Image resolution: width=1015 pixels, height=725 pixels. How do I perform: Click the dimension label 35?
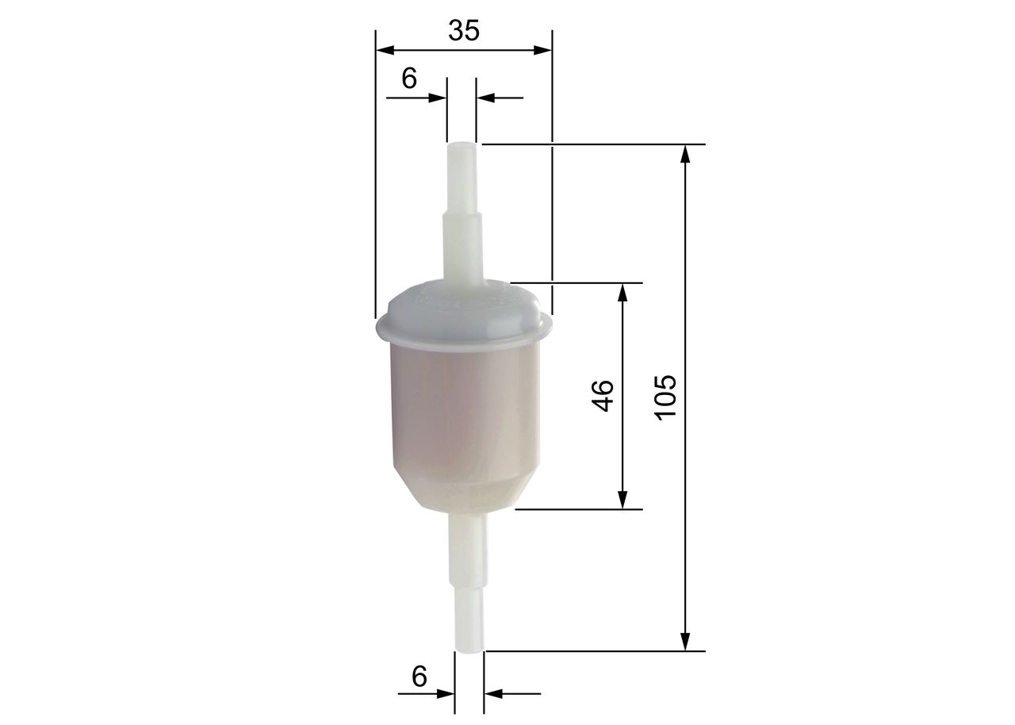pyautogui.click(x=464, y=30)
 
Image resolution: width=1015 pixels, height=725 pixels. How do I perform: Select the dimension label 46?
pyautogui.click(x=603, y=396)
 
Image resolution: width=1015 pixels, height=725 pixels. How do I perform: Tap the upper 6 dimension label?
pyautogui.click(x=409, y=78)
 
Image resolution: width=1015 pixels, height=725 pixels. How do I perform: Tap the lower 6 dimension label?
pyautogui.click(x=419, y=677)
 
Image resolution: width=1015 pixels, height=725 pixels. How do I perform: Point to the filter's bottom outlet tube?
pyautogui.click(x=469, y=579)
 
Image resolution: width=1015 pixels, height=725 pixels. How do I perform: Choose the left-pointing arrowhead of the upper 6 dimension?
pyautogui.click(x=485, y=98)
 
